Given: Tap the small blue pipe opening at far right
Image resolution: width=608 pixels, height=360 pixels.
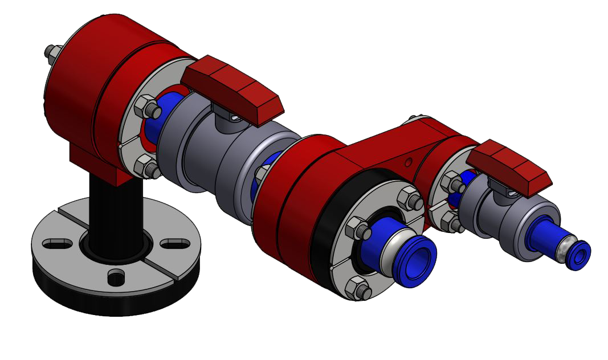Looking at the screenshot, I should [579, 255].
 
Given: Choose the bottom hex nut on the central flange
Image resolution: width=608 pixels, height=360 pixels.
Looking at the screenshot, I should [358, 290].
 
